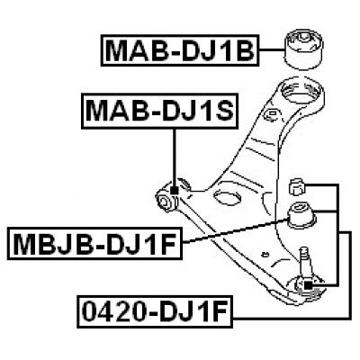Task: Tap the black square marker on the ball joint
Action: (308, 286)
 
